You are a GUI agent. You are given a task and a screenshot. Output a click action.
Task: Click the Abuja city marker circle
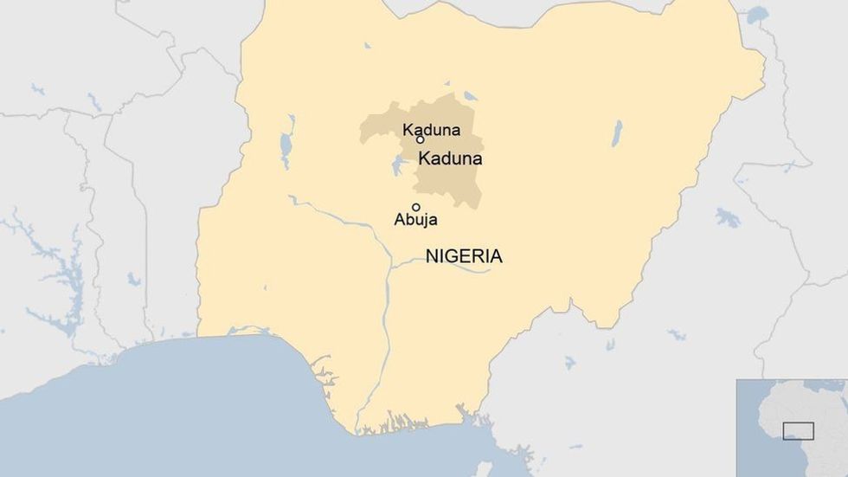(x=416, y=207)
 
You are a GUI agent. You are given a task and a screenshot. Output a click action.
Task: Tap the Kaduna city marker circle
(x=420, y=139)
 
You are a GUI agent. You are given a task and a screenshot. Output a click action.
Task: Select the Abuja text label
(x=415, y=221)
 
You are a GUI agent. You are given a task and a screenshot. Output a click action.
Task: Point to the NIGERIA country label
(x=464, y=256)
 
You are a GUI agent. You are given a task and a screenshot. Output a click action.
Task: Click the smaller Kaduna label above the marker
(x=431, y=130)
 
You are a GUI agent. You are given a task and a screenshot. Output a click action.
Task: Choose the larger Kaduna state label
(x=450, y=159)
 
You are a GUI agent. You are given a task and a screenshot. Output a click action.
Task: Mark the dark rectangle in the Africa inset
(x=798, y=430)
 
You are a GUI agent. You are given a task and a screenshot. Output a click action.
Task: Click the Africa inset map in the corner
(x=791, y=428)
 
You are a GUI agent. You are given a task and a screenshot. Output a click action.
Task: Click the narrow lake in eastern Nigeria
(x=617, y=132)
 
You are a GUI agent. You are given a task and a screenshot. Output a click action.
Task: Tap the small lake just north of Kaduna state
(x=470, y=96)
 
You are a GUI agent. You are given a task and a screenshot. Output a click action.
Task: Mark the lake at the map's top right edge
(x=756, y=15)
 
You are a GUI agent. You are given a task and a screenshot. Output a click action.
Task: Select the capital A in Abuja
(x=399, y=220)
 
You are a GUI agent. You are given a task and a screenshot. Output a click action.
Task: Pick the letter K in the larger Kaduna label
(x=424, y=159)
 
